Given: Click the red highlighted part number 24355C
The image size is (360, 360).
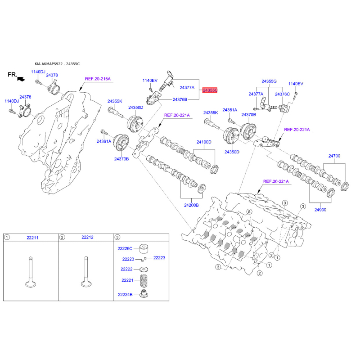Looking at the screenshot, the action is [x=210, y=90].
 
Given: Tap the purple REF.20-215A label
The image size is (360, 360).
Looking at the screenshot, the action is [x=98, y=79].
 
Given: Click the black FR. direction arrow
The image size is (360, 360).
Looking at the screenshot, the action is [x=21, y=79].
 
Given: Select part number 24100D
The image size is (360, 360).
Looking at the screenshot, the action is [x=204, y=142].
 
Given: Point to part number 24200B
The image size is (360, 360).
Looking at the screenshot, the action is [x=191, y=205].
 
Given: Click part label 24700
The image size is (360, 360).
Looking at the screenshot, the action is [x=334, y=156].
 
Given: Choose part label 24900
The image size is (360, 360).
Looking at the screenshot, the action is [x=320, y=210].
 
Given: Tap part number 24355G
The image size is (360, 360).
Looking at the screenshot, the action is [x=269, y=81].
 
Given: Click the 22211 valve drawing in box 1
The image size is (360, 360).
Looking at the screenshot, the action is [x=31, y=272].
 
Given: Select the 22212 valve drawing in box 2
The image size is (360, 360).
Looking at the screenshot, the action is [x=86, y=272].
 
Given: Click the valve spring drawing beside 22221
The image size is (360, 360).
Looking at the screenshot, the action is [x=144, y=280].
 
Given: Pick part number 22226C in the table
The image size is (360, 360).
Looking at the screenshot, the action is [x=125, y=249].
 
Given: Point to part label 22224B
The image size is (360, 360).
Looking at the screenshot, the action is [x=125, y=295].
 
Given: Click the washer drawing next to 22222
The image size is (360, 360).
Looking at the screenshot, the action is [x=144, y=269].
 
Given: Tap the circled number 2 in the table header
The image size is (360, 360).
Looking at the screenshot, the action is [x=62, y=237].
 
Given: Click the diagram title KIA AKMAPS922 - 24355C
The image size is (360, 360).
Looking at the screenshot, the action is [x=57, y=64].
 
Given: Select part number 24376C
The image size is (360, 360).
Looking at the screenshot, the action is [x=283, y=94].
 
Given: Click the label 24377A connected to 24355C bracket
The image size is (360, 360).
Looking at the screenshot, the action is [x=187, y=87].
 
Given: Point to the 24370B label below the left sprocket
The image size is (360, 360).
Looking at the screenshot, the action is [x=121, y=159].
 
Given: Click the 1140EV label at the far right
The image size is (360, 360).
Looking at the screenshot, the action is [x=296, y=84].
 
